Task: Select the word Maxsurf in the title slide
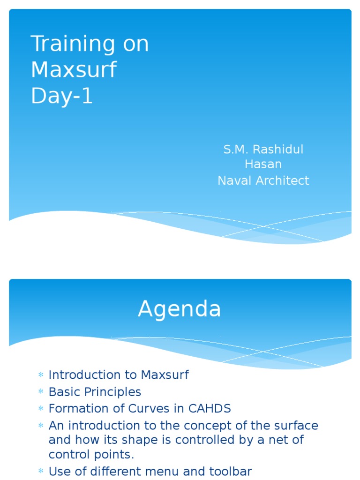[74, 70]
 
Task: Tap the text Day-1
[62, 96]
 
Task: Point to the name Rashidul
[277, 150]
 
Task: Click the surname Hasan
[263, 164]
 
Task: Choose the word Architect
[282, 180]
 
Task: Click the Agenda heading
[180, 309]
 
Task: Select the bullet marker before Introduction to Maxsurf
[41, 375]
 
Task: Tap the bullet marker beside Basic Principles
[41, 392]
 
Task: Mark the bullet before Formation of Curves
[41, 409]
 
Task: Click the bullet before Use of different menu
[41, 472]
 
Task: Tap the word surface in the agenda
[296, 426]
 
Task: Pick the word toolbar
[229, 472]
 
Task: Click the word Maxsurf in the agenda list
[165, 375]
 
